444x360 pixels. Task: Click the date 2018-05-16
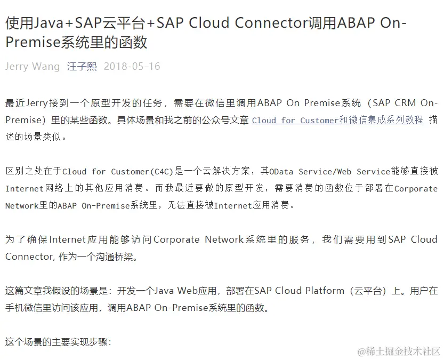tap(132, 67)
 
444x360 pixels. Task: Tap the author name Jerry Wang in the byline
tap(33, 67)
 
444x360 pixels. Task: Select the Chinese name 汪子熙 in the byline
tap(82, 67)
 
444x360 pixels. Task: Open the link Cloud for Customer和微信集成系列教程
tap(337, 120)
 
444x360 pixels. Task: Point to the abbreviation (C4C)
tap(162, 171)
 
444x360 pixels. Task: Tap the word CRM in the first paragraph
tap(406, 103)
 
